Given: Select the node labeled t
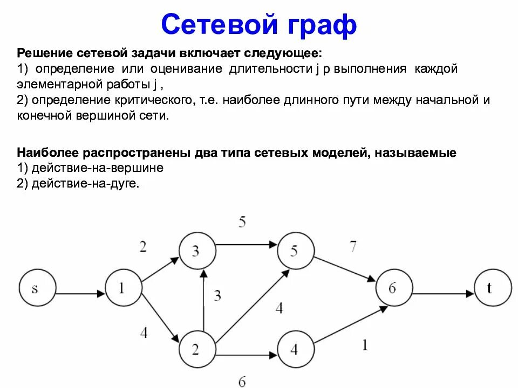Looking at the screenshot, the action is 492,288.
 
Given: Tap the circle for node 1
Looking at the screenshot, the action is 122,288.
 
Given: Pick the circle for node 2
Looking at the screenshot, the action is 196,349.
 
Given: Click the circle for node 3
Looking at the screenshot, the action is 196,251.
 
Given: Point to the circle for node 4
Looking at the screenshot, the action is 295,349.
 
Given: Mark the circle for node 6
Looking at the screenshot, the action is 392,288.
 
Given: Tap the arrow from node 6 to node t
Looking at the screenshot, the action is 442,294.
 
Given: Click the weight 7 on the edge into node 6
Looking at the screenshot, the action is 353,246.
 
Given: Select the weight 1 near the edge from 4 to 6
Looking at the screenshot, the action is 365,345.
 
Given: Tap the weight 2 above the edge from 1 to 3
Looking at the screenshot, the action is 142,246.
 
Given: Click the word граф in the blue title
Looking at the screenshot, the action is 318,24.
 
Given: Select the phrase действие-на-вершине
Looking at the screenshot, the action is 97,168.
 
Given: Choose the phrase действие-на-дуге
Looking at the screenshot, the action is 85,183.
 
